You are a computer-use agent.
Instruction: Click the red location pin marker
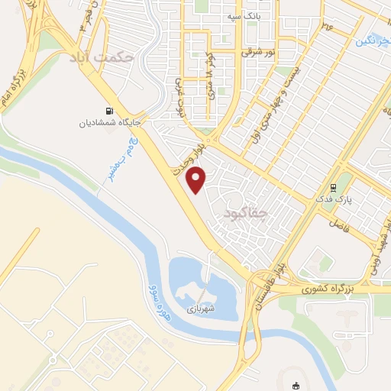[197, 179]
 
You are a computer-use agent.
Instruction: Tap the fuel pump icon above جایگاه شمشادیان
[115, 108]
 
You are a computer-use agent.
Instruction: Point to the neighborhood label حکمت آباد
[102, 57]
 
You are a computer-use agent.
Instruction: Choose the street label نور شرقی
[258, 53]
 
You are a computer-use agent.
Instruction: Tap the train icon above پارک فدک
[332, 186]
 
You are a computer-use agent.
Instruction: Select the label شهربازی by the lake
[201, 309]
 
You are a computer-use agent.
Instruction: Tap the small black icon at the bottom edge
[297, 386]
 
